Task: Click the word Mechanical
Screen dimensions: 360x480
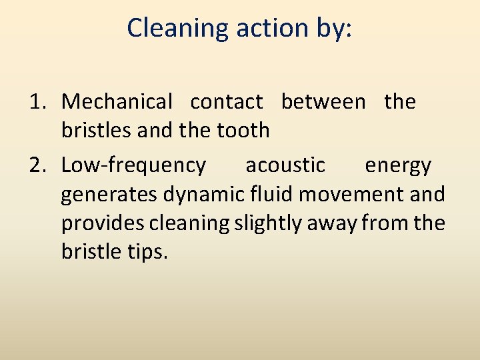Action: click(x=117, y=102)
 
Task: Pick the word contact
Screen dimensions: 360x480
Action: click(x=227, y=102)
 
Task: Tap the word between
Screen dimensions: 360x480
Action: click(x=323, y=102)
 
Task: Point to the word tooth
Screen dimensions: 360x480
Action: click(x=243, y=130)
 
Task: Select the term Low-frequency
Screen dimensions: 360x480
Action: click(x=133, y=165)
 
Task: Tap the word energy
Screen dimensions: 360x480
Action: click(x=398, y=165)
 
